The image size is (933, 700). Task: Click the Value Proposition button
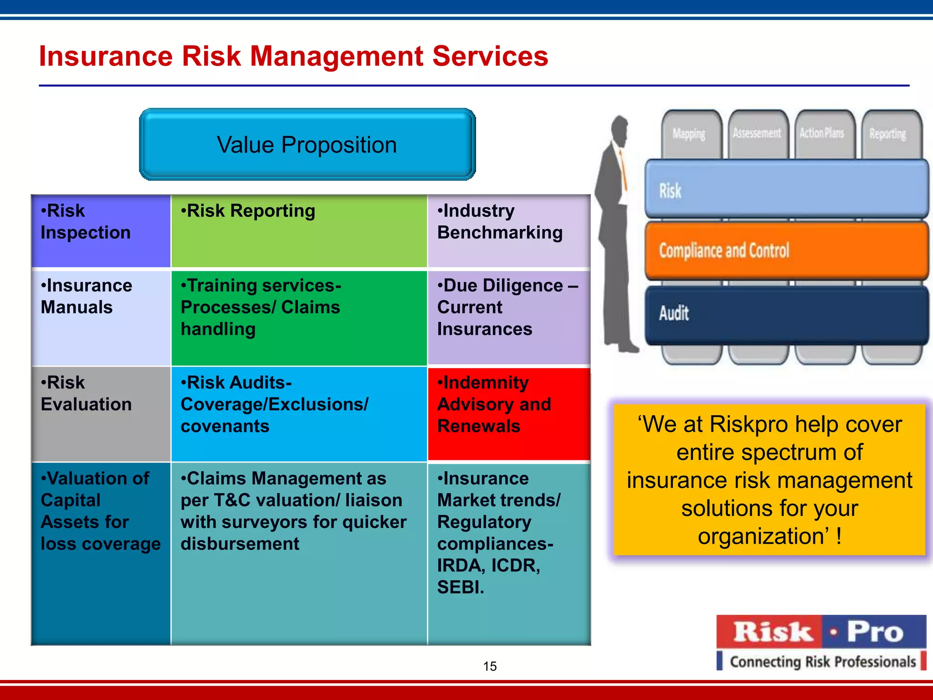[307, 144]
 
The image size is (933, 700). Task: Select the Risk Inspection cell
[101, 231]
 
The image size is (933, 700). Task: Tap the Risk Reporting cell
[299, 231]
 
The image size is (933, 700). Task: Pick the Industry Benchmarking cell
[508, 231]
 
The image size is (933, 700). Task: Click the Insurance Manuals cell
[101, 318]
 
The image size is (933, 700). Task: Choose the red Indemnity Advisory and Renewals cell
[508, 413]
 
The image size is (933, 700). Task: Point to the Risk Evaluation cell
[101, 413]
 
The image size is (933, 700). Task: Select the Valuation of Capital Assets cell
[101, 552]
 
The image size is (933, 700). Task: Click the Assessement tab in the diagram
[757, 133]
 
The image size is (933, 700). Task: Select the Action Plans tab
[822, 133]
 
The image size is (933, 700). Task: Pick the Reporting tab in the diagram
[887, 134]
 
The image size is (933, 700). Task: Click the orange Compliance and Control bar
[786, 251]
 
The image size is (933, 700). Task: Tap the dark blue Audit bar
[786, 314]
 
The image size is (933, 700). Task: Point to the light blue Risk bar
[786, 189]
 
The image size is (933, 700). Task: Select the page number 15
[490, 666]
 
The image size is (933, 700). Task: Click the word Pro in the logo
[875, 632]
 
